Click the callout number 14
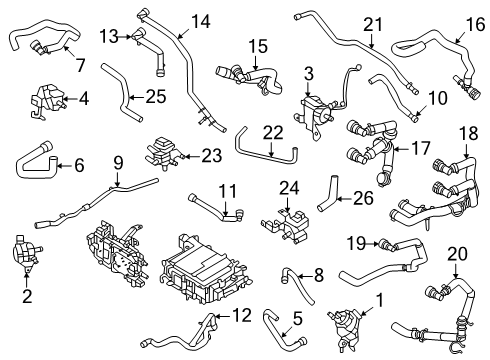[x=201, y=19]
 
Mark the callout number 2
[x=28, y=296]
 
